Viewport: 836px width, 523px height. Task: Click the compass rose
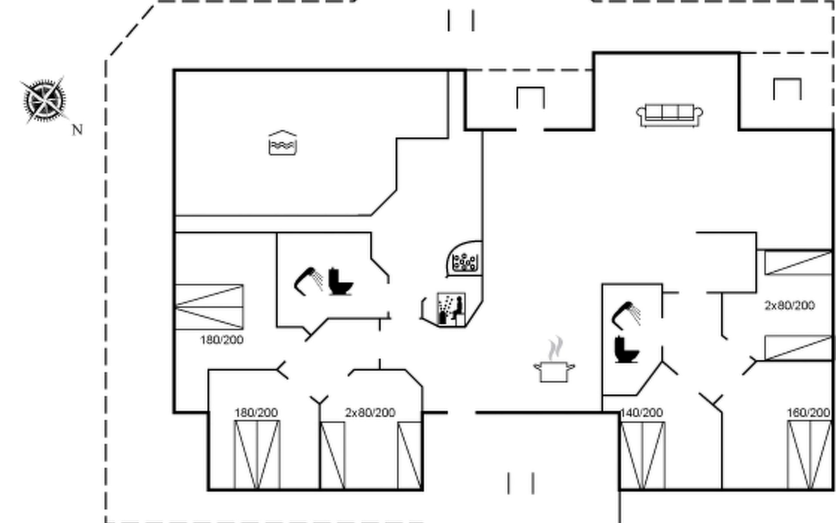[44, 100]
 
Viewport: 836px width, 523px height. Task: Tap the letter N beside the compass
[77, 130]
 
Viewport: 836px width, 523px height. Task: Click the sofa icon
[669, 115]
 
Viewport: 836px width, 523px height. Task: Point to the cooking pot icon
[554, 371]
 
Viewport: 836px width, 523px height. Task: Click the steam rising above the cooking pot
[556, 348]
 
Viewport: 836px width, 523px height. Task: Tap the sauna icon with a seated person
[451, 309]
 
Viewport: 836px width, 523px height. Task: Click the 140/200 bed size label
[641, 412]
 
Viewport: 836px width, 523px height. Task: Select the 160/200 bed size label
[808, 412]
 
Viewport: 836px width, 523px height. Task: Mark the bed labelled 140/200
[643, 455]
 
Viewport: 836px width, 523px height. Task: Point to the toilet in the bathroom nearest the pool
[340, 282]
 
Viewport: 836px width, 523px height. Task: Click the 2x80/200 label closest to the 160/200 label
[789, 305]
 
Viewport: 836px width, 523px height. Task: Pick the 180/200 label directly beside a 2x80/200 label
[256, 412]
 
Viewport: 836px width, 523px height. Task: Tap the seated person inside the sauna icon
[457, 308]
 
